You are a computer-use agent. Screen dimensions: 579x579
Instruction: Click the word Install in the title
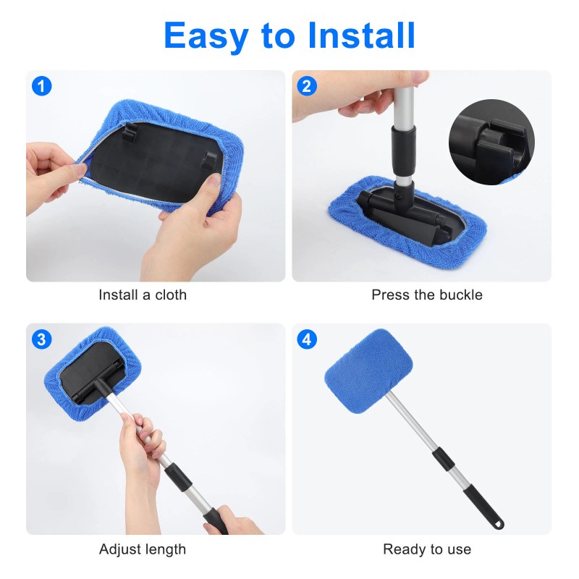click(362, 35)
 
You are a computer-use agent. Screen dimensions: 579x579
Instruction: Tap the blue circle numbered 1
click(43, 86)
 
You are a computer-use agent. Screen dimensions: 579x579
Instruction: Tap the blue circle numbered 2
click(307, 86)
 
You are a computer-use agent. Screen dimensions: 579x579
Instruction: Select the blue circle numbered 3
click(43, 339)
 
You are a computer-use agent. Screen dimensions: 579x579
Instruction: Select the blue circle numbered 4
click(307, 339)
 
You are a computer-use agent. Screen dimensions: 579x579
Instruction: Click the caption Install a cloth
click(143, 295)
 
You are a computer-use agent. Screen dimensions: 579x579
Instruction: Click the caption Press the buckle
click(426, 295)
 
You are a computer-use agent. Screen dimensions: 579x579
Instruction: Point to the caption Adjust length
click(143, 549)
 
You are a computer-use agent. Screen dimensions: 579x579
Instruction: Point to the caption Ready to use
click(426, 549)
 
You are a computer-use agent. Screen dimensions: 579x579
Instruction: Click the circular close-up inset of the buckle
click(491, 142)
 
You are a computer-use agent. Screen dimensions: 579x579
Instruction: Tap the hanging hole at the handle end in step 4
click(500, 523)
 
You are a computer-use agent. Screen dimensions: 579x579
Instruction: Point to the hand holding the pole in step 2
click(362, 101)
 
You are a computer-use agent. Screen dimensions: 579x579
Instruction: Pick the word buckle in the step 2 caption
click(462, 295)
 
